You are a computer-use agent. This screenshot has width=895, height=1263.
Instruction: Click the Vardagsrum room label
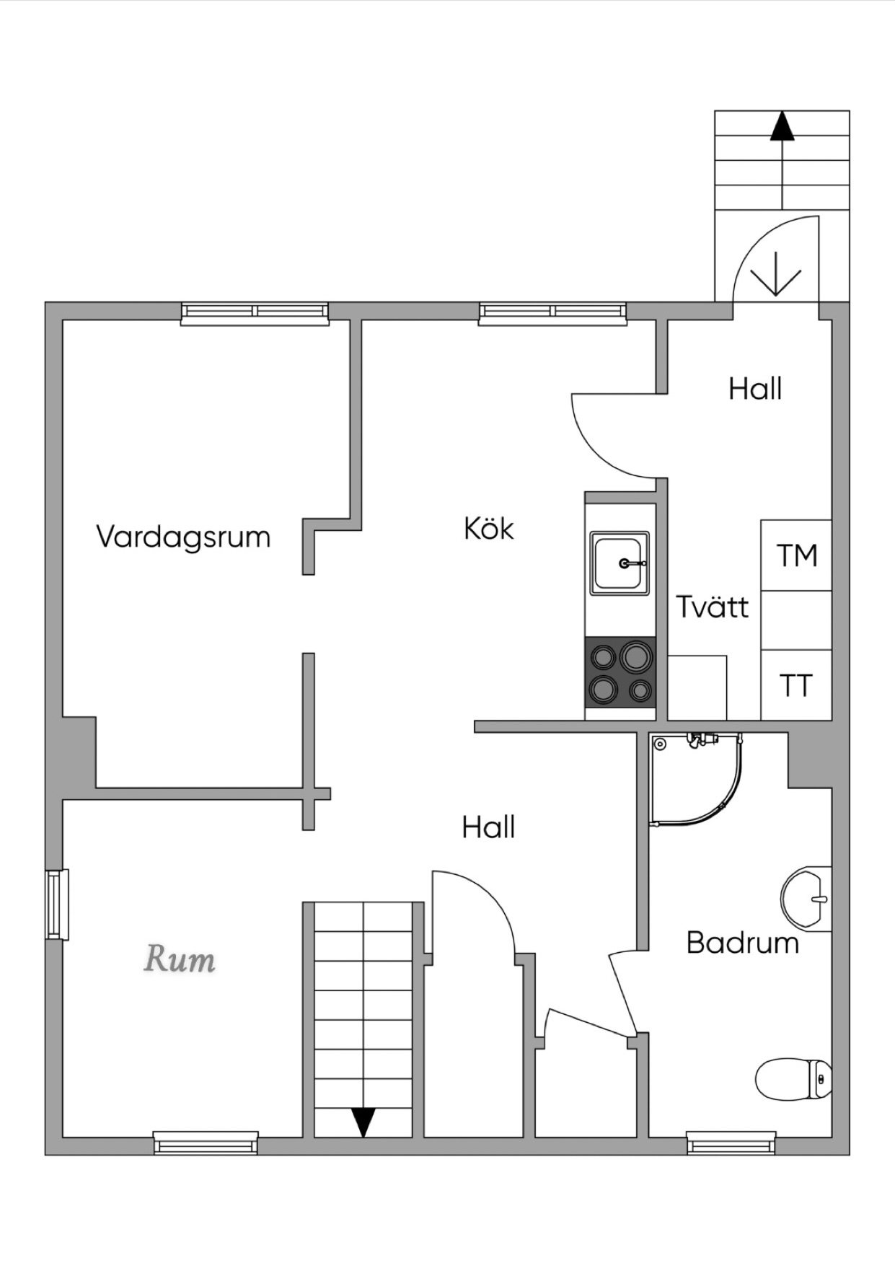[183, 538]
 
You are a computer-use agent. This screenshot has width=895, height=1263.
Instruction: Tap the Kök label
[489, 529]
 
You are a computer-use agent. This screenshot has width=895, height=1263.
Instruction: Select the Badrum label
[743, 943]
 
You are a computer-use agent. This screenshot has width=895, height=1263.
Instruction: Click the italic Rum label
[180, 960]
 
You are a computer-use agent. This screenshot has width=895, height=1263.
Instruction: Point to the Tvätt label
[713, 607]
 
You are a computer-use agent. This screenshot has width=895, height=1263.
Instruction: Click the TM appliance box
[796, 555]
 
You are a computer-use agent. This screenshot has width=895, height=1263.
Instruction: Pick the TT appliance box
[796, 685]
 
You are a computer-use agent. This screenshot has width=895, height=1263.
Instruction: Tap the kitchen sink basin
[620, 563]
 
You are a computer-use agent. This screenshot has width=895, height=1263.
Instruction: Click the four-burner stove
[620, 672]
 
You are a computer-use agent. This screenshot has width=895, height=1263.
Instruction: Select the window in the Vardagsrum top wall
[255, 311]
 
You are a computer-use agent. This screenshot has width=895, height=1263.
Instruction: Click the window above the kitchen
[552, 311]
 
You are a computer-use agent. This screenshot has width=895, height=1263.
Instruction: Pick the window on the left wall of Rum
[57, 905]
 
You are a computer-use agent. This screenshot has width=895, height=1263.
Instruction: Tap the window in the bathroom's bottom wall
[731, 1144]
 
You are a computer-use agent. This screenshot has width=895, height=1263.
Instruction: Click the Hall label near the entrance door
[755, 389]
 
